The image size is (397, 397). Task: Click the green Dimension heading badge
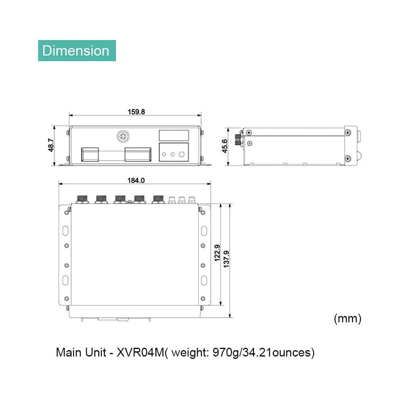tap(77, 51)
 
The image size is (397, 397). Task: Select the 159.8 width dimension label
tap(136, 112)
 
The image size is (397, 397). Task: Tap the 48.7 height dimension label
tap(51, 145)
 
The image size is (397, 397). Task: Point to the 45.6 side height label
tap(225, 146)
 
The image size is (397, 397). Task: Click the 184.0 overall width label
tap(136, 181)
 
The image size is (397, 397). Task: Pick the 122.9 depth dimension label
tap(217, 253)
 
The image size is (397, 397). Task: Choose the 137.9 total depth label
tap(226, 259)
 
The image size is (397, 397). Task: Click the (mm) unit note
tap(347, 318)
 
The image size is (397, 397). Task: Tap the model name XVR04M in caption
tap(141, 352)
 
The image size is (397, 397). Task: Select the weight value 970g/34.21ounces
tap(262, 353)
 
